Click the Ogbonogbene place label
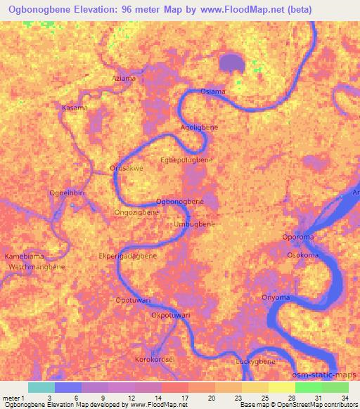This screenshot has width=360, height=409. tap(179, 202)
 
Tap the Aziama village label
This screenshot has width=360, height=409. tap(124, 78)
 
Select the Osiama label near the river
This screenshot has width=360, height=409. tap(213, 92)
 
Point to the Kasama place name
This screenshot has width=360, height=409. tap(75, 108)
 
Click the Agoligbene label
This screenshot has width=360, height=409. tap(200, 127)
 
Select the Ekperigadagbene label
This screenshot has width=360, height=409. tap(128, 256)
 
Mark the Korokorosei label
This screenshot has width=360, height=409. tap(155, 358)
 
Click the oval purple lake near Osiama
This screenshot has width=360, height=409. tap(231, 63)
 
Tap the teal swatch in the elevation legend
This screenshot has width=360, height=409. tap(41, 387)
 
